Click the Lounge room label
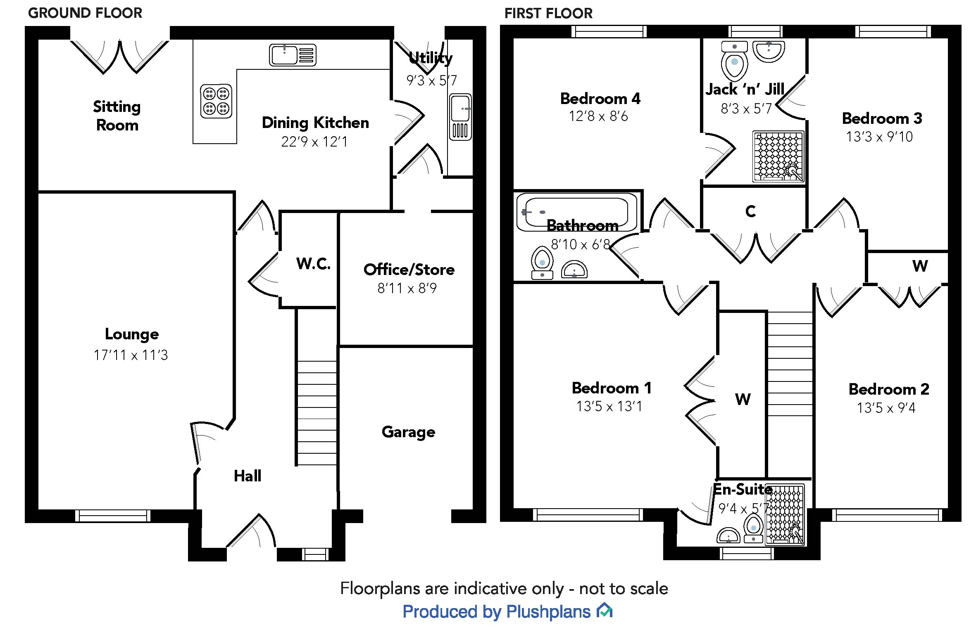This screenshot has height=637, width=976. tap(131, 334)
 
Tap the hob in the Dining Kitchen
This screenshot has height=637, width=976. tap(216, 102)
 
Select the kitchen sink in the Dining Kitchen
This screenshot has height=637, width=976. tap(293, 55)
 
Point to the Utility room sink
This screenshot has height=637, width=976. tap(460, 116)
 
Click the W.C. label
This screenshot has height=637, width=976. tap(313, 263)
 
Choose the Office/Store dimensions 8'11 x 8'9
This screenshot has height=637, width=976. tap(407, 288)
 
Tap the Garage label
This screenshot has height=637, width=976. tap(408, 432)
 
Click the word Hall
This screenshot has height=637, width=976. tap(248, 476)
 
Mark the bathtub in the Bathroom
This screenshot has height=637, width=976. tap(576, 212)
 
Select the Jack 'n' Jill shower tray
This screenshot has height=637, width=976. tap(778, 156)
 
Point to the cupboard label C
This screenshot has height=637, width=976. tap(750, 211)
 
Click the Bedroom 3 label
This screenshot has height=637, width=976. tap(882, 118)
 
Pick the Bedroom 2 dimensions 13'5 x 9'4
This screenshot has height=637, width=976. tap(886, 408)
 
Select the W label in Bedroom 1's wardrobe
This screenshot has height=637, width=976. tap(743, 399)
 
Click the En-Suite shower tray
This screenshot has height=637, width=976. tap(785, 514)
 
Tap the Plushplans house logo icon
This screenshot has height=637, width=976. tap(604, 610)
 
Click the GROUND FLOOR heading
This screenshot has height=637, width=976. tap(85, 13)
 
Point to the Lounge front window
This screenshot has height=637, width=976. tap(113, 516)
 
